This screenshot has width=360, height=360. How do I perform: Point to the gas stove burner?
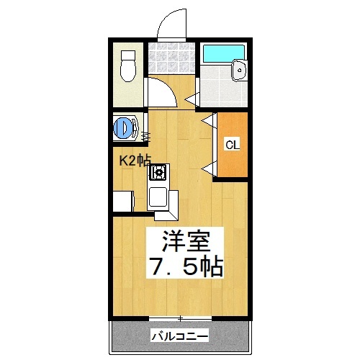pyautogui.click(x=158, y=173)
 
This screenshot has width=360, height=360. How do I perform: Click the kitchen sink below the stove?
pyautogui.click(x=158, y=197)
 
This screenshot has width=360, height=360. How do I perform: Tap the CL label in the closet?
pyautogui.click(x=232, y=145)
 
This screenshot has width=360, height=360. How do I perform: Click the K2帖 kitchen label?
pyautogui.click(x=135, y=161)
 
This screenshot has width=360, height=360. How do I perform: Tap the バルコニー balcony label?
pyautogui.click(x=180, y=336)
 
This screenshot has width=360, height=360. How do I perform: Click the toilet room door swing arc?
pyautogui.click(x=159, y=90)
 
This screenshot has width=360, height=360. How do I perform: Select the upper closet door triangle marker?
pyautogui.click(x=208, y=120)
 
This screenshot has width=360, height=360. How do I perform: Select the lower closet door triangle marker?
pyautogui.click(x=208, y=168)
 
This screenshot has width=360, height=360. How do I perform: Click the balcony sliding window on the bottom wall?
pyautogui.click(x=181, y=318)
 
